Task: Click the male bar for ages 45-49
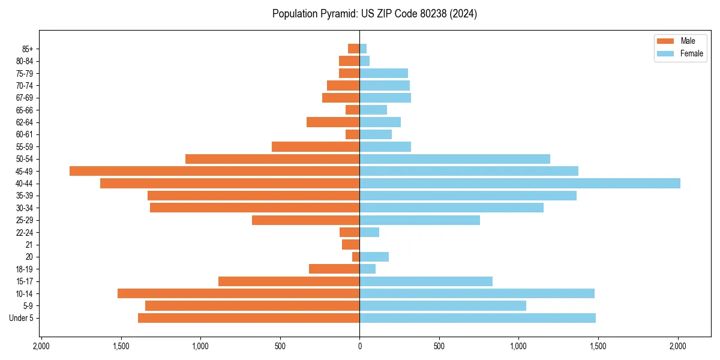[214, 171]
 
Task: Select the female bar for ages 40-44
[520, 183]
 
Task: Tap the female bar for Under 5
[477, 318]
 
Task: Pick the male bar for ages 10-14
[238, 293]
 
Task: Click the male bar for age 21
[350, 245]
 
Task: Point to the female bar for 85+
[363, 49]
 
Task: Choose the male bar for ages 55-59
[316, 146]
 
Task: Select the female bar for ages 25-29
[419, 220]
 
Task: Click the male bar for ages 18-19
[334, 269]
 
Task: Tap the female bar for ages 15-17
[426, 281]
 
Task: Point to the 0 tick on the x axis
[359, 346]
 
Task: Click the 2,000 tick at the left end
[41, 346]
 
